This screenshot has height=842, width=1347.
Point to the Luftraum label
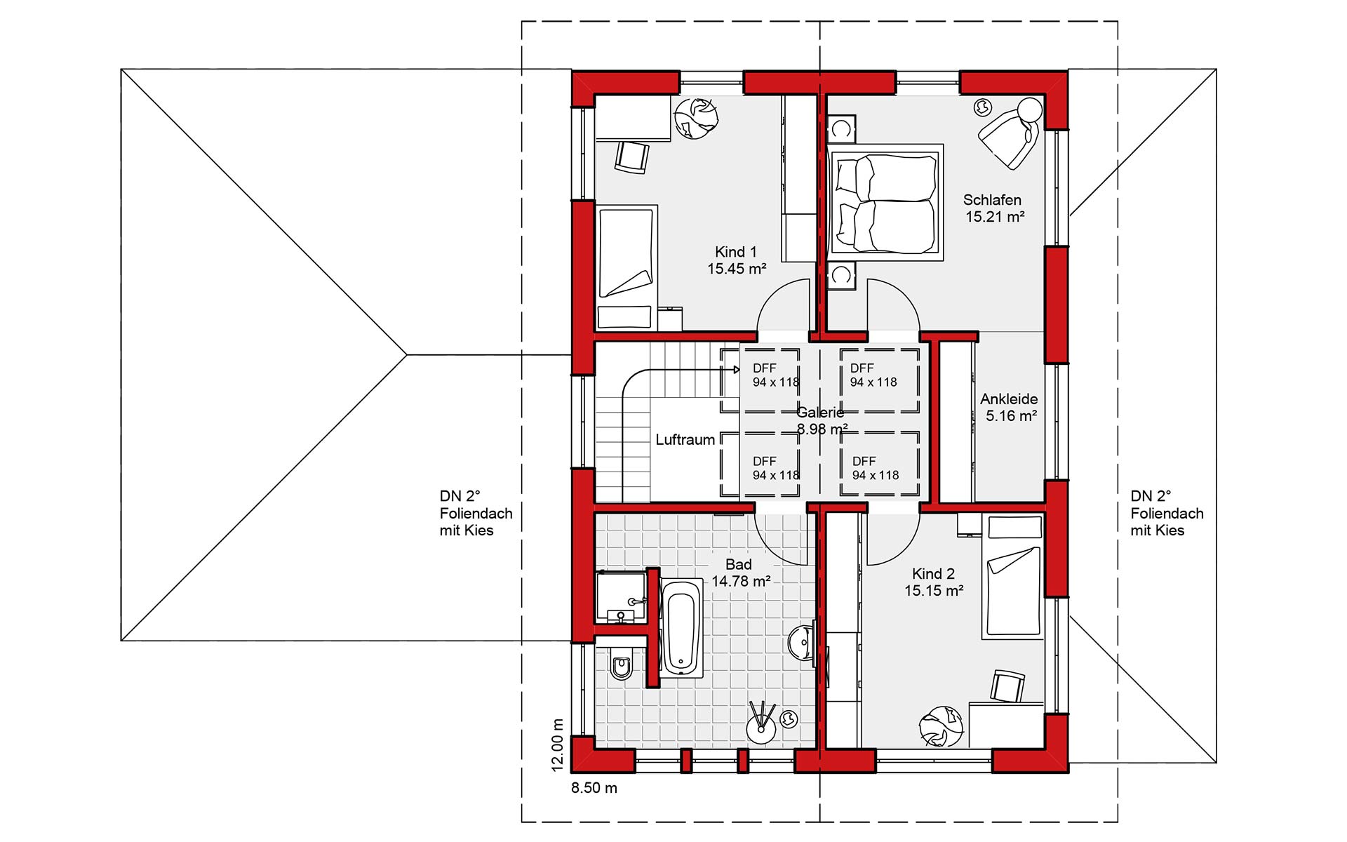click(685, 440)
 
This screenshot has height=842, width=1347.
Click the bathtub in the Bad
click(681, 627)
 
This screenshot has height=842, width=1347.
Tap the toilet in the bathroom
click(621, 662)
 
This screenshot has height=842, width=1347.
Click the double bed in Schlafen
click(885, 202)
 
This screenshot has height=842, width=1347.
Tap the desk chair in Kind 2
click(1008, 686)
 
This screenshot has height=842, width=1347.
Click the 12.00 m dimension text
click(558, 744)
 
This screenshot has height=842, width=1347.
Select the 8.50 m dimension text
click(594, 788)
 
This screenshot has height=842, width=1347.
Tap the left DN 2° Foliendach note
click(476, 514)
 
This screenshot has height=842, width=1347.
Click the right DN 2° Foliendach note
click(1167, 514)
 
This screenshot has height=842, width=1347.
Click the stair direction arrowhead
click(736, 369)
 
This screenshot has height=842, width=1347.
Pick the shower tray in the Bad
click(621, 596)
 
